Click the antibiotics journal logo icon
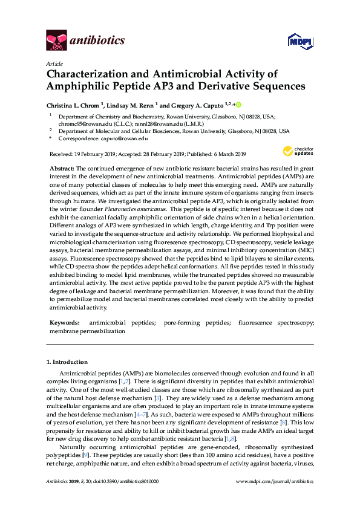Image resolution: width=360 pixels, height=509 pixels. click(x=56, y=40)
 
